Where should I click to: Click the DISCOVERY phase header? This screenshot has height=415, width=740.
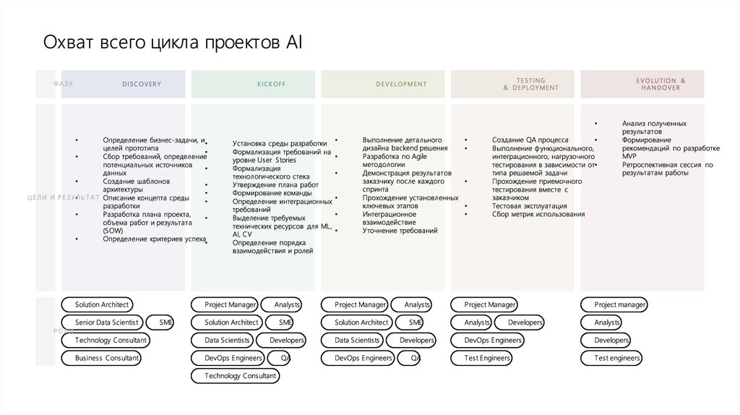(142, 85)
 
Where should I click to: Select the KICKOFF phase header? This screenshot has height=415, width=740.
(272, 85)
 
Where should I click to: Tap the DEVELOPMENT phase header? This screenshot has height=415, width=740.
(401, 85)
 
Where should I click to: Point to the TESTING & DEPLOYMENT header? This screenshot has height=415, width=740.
(531, 85)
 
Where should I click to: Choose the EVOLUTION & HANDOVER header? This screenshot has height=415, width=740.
(661, 85)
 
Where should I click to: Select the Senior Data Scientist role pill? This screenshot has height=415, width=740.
(102, 322)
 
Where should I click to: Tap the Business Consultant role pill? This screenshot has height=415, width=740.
(102, 358)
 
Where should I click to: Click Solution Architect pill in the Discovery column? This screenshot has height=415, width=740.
(102, 305)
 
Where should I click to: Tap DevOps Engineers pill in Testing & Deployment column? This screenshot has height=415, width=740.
(487, 340)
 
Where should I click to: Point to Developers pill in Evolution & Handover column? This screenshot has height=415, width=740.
(606, 340)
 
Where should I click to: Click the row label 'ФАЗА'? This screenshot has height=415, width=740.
(63, 85)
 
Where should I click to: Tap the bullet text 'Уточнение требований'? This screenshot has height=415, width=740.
(400, 231)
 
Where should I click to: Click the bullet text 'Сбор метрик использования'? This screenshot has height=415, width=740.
(538, 214)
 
